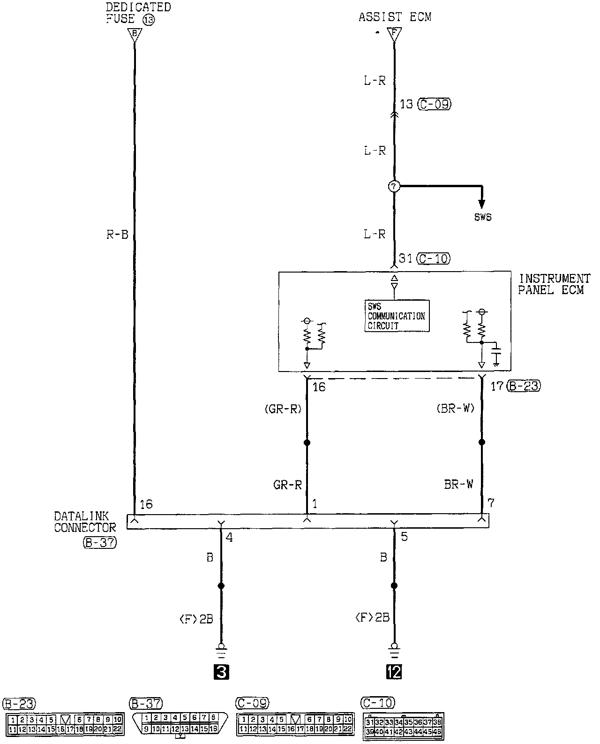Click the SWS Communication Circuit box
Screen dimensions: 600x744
pos(397,316)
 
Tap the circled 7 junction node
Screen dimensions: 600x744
pos(394,187)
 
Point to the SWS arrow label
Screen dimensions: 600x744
pos(482,218)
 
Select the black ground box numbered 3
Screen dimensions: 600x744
pos(221,673)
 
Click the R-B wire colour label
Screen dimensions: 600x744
pos(117,235)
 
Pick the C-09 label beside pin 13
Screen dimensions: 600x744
pos(435,104)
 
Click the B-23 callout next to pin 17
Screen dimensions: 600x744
pos(524,386)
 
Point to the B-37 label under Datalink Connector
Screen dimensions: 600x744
pos(99,543)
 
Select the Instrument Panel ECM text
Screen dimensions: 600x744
pos(553,284)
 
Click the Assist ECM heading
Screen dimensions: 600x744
pos(395,17)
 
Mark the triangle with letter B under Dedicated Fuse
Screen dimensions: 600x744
pos(135,34)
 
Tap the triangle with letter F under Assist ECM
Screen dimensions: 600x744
pos(394,34)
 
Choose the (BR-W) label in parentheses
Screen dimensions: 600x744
pos(456,409)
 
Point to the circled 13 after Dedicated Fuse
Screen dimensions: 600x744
pos(149,20)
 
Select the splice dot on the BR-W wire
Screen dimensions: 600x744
pos(481,442)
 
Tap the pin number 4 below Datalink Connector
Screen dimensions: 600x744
pos(229,537)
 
